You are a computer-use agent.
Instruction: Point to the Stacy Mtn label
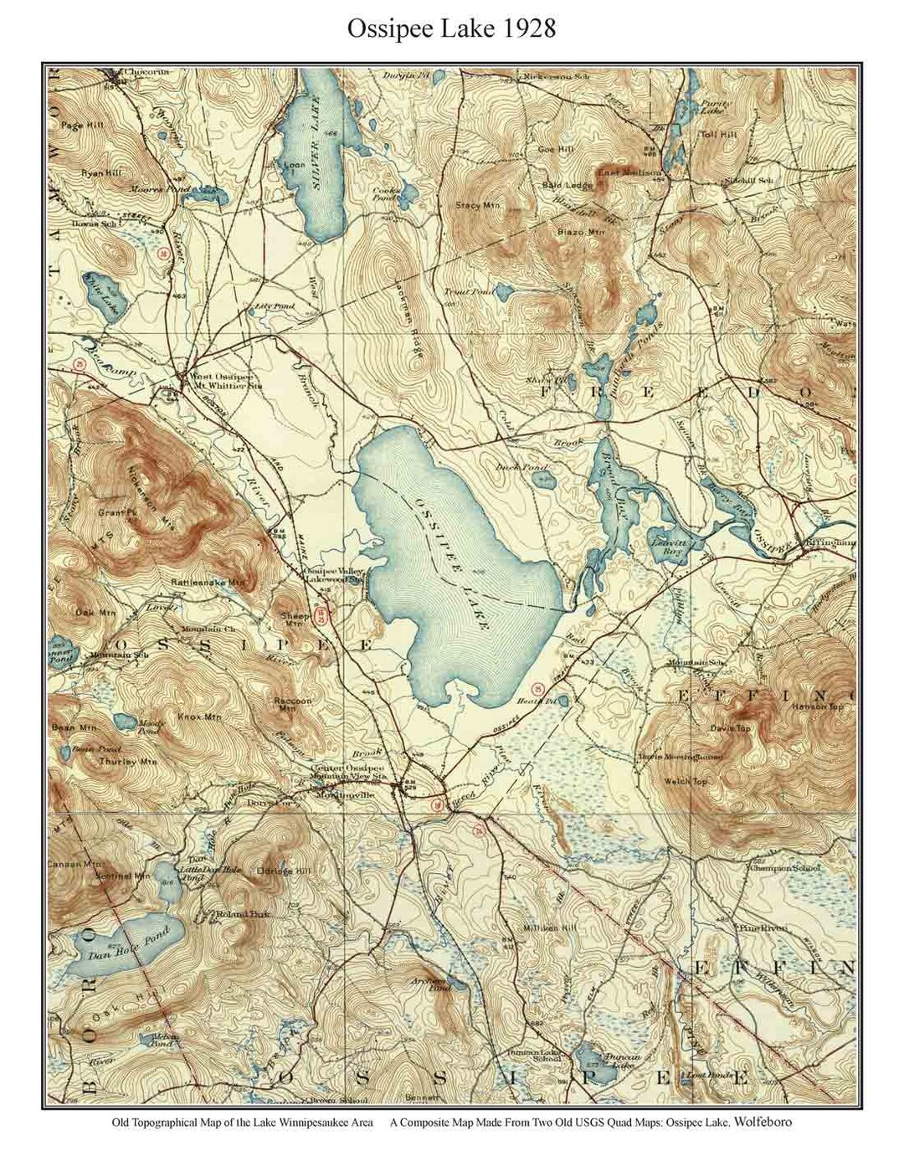(x=478, y=204)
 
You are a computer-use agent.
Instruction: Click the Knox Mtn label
(x=199, y=717)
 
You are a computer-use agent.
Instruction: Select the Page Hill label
(x=81, y=126)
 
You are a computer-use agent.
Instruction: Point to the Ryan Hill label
(x=101, y=172)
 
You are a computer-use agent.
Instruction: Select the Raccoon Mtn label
(x=293, y=704)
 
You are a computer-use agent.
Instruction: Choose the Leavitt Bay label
(x=667, y=546)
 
